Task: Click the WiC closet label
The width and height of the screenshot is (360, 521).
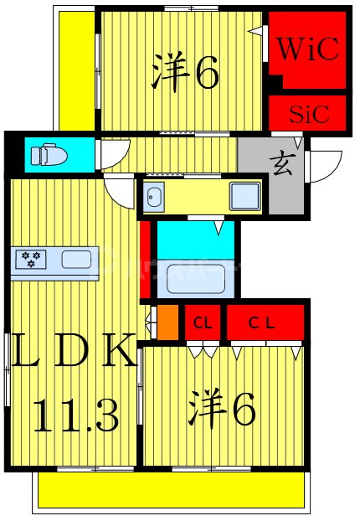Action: pos(307,49)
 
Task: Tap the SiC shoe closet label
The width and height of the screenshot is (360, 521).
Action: pos(306,111)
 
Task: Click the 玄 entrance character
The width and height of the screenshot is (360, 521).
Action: pos(281,165)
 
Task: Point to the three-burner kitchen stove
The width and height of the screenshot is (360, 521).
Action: pos(30,260)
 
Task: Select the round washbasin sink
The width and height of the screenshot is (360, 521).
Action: pos(155,199)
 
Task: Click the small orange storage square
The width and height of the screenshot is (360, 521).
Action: pos(167,322)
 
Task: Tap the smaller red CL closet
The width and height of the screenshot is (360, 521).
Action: pos(203,322)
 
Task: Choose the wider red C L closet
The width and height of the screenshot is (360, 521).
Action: pos(264,322)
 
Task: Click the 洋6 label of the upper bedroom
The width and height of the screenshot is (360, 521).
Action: pos(185,74)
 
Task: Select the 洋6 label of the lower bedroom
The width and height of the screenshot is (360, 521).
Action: pos(221,410)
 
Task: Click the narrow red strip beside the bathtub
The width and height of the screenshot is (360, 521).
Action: pos(146,259)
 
